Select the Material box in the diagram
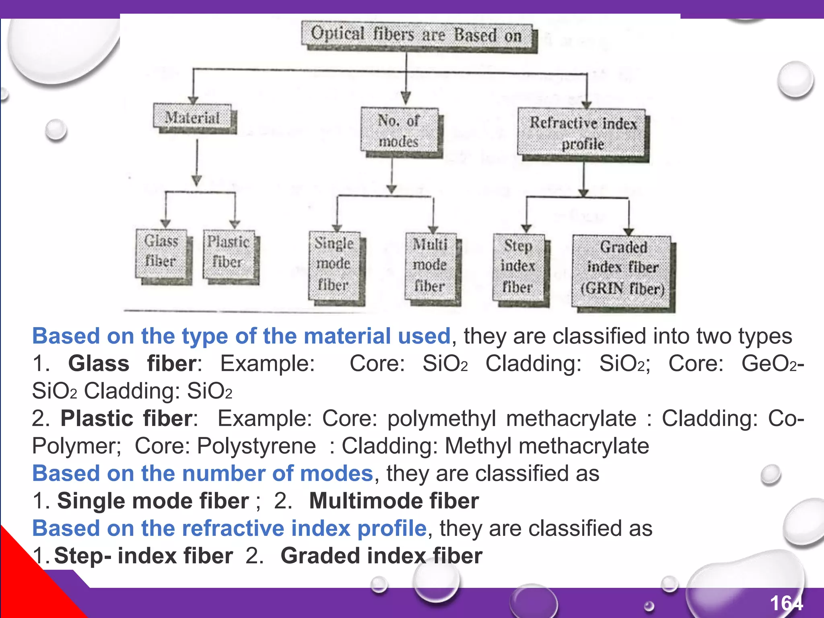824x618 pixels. (193, 117)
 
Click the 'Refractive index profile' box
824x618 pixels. (582, 133)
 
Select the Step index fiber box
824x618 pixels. (518, 267)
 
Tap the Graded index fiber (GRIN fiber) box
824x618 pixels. (622, 268)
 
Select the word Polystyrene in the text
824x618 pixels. (256, 446)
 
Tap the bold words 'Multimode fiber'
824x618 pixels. (394, 501)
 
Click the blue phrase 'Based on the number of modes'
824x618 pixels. (203, 474)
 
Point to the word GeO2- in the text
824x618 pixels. (772, 364)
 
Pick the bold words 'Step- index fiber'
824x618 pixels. (143, 556)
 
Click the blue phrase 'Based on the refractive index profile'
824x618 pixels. (229, 528)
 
